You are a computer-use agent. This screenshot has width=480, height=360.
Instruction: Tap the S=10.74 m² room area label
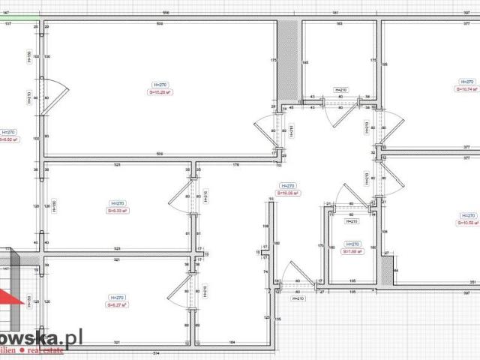pos(466,88)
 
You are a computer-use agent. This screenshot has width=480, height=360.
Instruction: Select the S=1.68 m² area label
pos(352,251)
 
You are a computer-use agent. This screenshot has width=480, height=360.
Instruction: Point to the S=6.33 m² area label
pos(117,211)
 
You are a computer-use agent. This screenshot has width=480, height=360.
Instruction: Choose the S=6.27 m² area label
pos(117,304)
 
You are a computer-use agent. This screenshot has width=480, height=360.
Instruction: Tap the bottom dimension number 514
pos(156,352)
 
